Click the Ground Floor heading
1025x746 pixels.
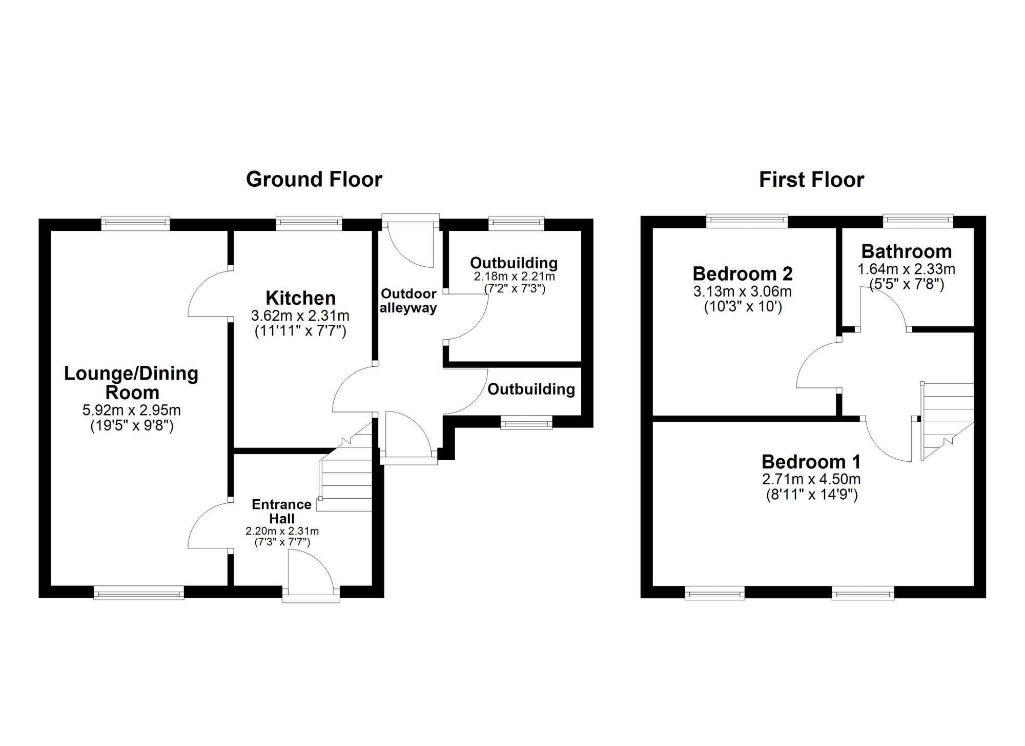(314, 180)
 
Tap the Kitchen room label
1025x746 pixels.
(300, 298)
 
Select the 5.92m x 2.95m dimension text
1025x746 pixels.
(132, 410)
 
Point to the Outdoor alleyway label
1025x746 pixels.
(408, 301)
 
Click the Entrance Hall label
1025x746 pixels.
(281, 511)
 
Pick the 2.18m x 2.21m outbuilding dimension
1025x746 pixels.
(514, 277)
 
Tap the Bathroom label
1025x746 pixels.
(906, 251)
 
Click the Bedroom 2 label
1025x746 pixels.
(743, 273)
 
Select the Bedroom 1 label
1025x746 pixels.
(811, 462)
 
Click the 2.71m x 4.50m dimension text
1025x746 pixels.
(811, 479)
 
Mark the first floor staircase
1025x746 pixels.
(947, 421)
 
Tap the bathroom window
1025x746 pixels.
(917, 221)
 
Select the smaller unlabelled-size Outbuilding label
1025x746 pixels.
(531, 389)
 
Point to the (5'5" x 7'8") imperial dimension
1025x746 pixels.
(906, 284)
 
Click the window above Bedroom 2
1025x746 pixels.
(747, 221)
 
